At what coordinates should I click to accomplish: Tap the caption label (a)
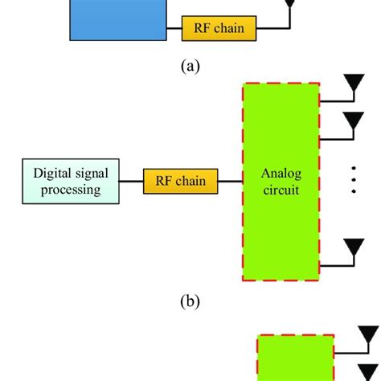tap(190, 67)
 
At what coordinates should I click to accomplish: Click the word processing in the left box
tap(69, 190)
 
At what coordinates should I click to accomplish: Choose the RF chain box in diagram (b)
tap(180, 181)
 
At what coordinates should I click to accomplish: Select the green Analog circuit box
tap(281, 181)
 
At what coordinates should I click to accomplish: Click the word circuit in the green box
tap(281, 190)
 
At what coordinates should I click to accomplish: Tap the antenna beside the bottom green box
tap(369, 336)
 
